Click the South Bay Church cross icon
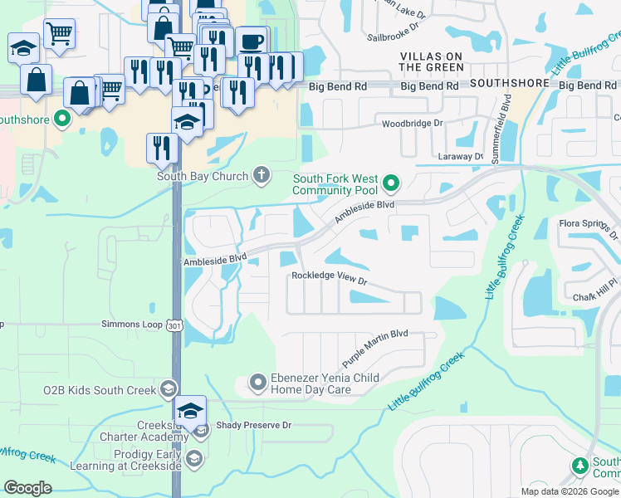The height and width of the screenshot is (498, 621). point(262,174)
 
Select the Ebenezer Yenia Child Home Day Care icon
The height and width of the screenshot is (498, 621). point(258,383)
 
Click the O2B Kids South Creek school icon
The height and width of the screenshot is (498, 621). point(168,388)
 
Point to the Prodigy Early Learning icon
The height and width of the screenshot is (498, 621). point(193,459)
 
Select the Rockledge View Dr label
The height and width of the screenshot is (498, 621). point(329,278)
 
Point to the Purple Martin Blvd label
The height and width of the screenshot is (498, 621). point(375,346)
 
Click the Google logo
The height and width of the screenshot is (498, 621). point(27,488)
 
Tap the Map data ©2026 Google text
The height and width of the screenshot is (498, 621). point(570,491)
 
